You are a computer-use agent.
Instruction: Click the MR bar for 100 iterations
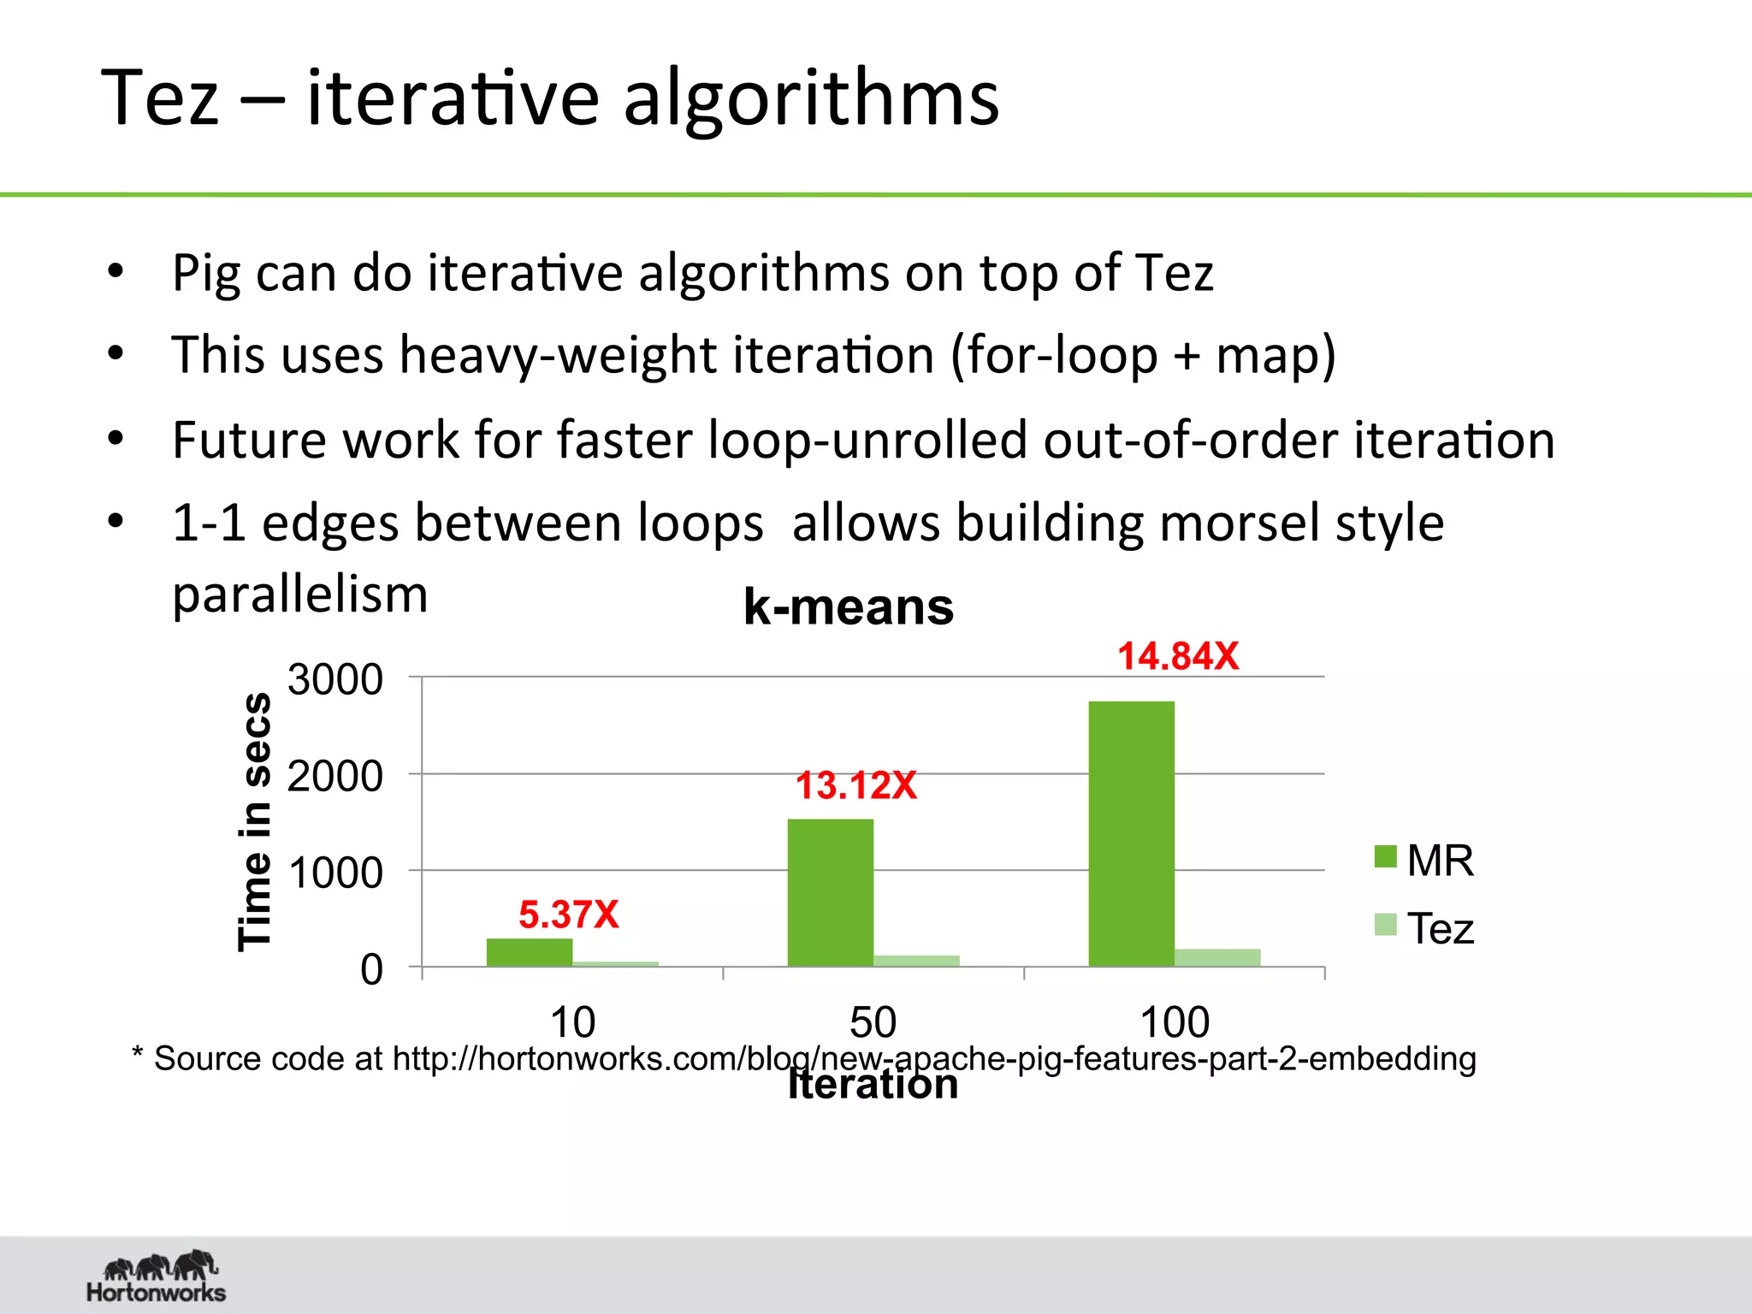[1131, 833]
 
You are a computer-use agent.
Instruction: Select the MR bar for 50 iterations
[830, 892]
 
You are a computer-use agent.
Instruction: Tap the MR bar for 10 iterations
[530, 952]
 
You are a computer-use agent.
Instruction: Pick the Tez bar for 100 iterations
[1217, 957]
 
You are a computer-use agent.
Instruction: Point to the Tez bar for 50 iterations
[916, 961]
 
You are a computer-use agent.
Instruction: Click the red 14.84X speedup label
[1178, 656]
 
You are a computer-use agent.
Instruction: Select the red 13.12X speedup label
[855, 785]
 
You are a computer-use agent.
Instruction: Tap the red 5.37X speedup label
[568, 914]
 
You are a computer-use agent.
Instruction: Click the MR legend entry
[1423, 860]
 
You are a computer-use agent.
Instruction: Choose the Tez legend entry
[1423, 928]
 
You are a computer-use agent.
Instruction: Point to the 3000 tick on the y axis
[335, 679]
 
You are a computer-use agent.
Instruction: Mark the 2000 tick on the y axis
[335, 776]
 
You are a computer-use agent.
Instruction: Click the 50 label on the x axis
[873, 1022]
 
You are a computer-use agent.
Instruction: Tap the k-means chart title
[849, 607]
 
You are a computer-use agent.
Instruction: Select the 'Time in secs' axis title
[254, 821]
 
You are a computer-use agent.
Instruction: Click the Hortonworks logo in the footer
[157, 1276]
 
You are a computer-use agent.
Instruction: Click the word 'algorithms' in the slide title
[811, 98]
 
